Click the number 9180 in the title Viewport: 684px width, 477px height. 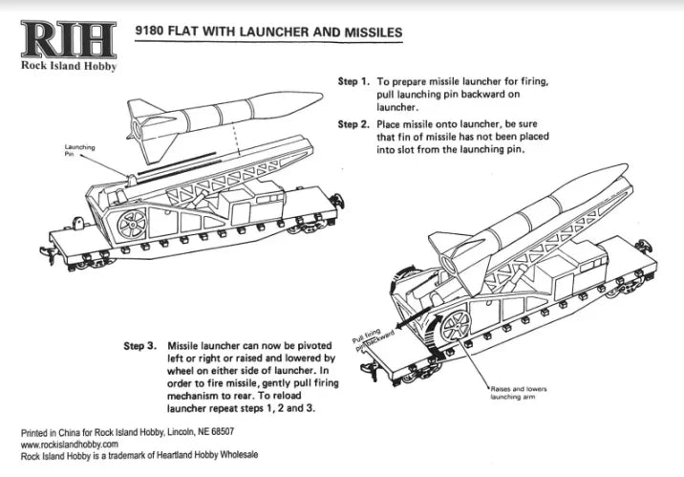tap(155, 32)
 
